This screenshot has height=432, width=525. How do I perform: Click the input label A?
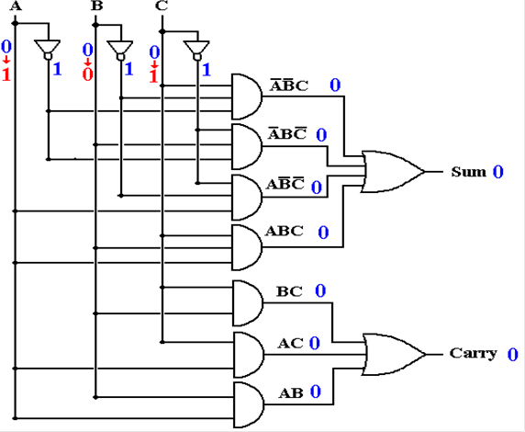[x=16, y=6]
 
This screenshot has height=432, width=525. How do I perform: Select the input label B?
[x=96, y=6]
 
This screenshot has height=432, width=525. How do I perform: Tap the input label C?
[x=162, y=6]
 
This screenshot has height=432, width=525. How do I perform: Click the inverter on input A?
[x=48, y=50]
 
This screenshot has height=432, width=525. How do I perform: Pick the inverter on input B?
[x=120, y=51]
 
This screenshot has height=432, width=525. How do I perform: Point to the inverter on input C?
[x=196, y=51]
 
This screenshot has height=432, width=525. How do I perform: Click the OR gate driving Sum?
[x=393, y=171]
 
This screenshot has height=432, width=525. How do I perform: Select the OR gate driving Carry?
[x=394, y=354]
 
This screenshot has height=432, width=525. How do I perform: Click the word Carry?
[x=473, y=354]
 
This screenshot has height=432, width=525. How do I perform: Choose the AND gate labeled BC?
[x=248, y=303]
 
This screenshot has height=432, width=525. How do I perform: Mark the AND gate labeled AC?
[x=248, y=355]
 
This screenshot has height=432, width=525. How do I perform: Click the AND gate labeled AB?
[x=249, y=404]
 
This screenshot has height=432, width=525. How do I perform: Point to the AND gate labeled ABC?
[x=247, y=247]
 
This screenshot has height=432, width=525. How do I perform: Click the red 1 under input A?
[x=6, y=74]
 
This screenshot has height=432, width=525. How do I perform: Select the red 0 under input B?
[x=87, y=74]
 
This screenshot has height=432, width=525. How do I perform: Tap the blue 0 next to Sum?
[x=497, y=172]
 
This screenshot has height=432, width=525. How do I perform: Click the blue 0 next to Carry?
[x=513, y=354]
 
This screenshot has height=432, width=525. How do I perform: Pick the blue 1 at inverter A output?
[x=57, y=69]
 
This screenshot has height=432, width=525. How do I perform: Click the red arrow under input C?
[x=154, y=63]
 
